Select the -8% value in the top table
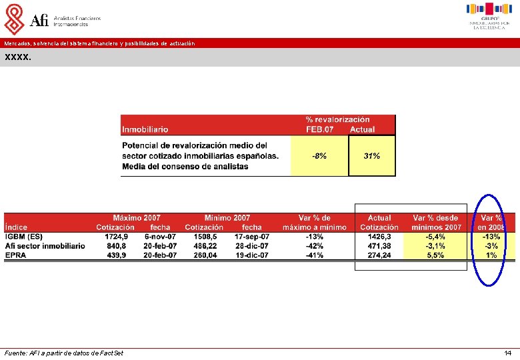(319, 156)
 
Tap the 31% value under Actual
(372, 156)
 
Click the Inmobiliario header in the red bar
(145, 129)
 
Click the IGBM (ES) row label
(24, 237)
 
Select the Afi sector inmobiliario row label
(45, 246)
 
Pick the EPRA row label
(16, 255)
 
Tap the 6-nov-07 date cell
(160, 237)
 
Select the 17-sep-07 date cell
(252, 237)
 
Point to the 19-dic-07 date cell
(252, 255)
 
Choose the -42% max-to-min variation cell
(315, 246)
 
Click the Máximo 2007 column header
(136, 218)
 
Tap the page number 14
(508, 353)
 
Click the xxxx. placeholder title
(17, 57)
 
